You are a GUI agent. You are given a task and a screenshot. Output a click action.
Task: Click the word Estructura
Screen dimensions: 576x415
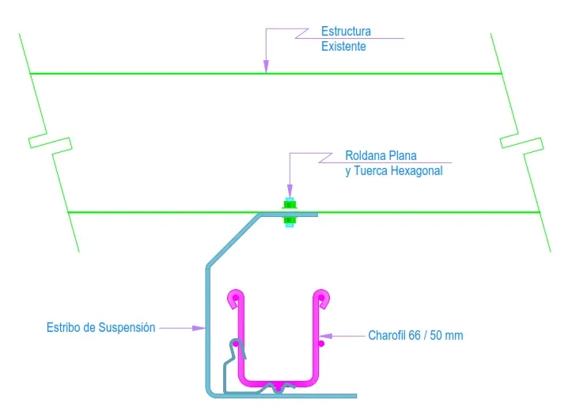346,31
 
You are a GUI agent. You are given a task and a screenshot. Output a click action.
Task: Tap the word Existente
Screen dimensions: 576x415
343,46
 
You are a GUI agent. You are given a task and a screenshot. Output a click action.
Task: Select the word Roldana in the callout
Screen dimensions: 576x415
366,155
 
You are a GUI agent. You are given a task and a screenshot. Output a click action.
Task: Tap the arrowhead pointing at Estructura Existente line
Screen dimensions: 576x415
266,67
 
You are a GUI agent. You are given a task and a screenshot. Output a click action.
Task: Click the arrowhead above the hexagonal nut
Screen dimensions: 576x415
290,191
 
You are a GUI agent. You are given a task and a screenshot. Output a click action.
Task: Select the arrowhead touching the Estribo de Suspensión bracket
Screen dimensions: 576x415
199,328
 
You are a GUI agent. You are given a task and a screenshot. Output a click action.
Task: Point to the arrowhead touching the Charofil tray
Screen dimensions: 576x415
325,336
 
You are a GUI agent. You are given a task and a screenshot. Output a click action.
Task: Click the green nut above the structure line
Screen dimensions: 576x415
290,204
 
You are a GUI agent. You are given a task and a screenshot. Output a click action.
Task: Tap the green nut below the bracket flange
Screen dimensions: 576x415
290,220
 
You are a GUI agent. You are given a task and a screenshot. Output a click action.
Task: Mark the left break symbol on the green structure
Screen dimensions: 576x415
51,143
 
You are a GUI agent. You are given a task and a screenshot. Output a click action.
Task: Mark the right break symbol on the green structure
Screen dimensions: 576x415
521,143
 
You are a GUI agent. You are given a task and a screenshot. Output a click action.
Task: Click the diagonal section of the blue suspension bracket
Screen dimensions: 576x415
234,240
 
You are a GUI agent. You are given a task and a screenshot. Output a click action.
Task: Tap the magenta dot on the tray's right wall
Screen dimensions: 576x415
321,344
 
